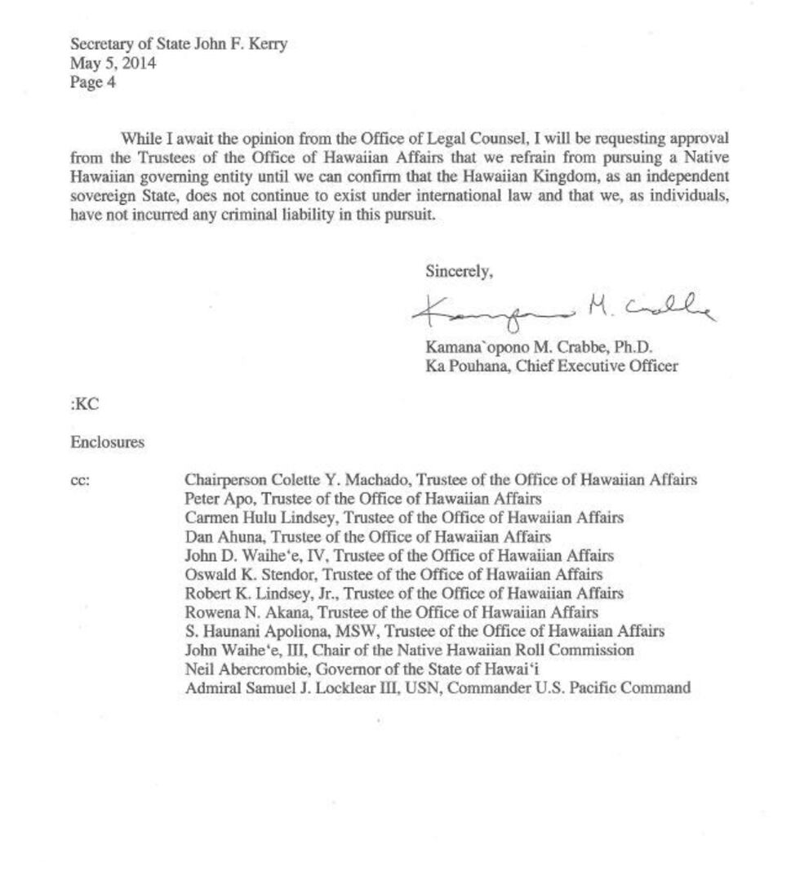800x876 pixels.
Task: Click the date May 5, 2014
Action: pyautogui.click(x=113, y=63)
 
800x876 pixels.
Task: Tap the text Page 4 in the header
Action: pyautogui.click(x=87, y=82)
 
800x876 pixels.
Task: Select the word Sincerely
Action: pyautogui.click(x=459, y=272)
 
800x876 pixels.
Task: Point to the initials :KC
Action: pyautogui.click(x=85, y=404)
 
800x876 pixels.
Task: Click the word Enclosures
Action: pyautogui.click(x=107, y=442)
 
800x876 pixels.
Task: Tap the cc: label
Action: pyautogui.click(x=80, y=481)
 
